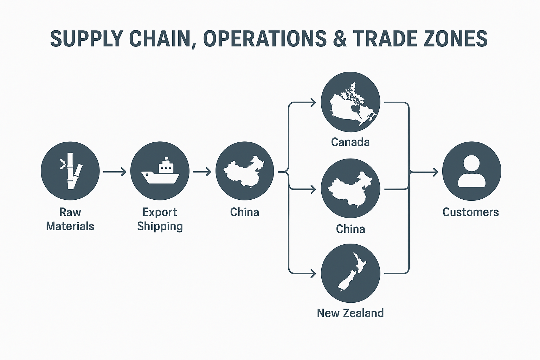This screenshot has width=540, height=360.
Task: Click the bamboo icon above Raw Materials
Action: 70,171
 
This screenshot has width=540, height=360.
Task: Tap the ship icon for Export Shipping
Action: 160,171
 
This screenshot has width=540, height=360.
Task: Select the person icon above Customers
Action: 471,171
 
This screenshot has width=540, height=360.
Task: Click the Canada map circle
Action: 351,102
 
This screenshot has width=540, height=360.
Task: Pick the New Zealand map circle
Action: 351,273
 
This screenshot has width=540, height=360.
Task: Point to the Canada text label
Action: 350,142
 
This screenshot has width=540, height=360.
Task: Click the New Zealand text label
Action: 350,313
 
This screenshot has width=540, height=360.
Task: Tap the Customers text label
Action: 470,212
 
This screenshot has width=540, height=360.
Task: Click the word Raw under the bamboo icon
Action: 70,212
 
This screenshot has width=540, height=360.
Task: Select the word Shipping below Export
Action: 160,226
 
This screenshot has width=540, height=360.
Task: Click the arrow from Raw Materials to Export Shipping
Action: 115,172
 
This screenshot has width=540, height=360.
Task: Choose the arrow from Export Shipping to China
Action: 202,172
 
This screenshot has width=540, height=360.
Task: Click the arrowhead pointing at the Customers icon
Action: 435,172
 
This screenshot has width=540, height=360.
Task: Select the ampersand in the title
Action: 340,39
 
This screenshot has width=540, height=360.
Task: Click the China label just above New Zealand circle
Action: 350,229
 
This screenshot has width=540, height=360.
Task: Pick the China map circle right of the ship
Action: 245,171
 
